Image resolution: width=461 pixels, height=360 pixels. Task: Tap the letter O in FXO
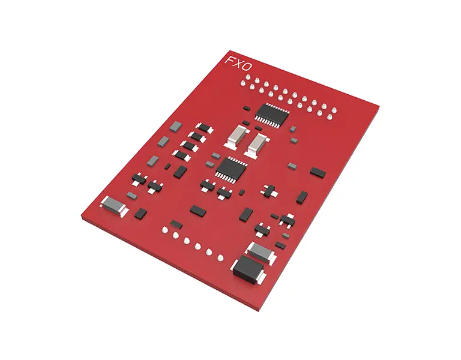pyautogui.click(x=247, y=67)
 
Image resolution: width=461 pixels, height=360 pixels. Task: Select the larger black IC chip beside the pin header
pyautogui.click(x=272, y=115)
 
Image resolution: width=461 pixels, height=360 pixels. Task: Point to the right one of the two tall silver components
pyautogui.click(x=256, y=144)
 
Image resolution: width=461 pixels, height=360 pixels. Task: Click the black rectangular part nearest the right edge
pyautogui.click(x=318, y=173)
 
